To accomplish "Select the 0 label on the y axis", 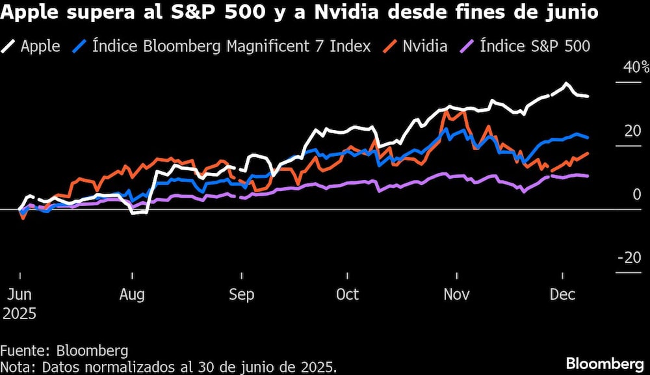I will coord(637,194).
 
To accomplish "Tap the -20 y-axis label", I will coord(629,258).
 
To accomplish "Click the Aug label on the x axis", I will coord(132,294).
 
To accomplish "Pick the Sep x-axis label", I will coord(241,294).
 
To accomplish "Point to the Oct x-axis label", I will coord(348,294).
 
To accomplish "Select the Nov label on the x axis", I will coord(457,294).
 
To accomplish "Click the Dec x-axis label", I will coord(562,294).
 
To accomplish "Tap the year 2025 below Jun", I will coord(19,313).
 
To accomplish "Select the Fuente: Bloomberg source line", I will coord(64,351).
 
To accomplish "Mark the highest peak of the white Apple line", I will coord(566,84).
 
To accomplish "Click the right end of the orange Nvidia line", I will coord(588,153).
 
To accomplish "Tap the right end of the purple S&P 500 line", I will coord(588,176).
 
